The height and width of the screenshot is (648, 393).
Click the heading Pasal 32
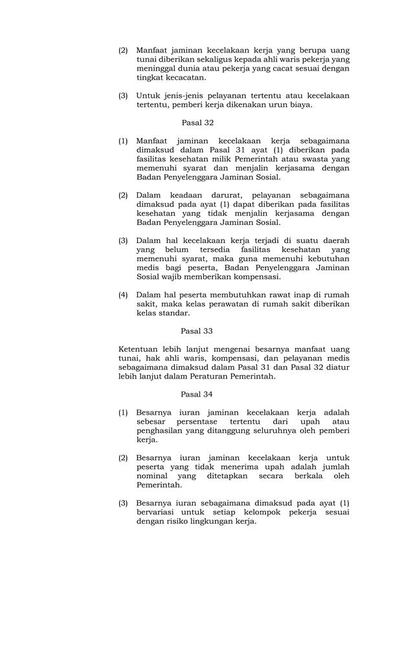click(197, 122)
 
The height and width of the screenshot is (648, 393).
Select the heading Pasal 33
click(197, 330)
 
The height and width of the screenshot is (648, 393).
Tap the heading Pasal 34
click(197, 394)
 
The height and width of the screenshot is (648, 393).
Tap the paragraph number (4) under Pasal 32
click(123, 295)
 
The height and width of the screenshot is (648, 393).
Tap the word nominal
click(152, 476)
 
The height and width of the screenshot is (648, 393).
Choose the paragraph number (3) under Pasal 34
click(123, 503)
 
